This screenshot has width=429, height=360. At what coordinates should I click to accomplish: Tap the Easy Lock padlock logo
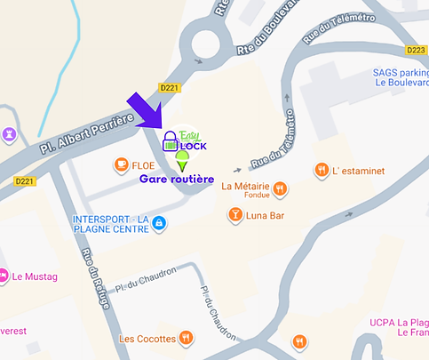click(171, 140)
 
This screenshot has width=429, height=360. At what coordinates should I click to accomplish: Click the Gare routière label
click(177, 179)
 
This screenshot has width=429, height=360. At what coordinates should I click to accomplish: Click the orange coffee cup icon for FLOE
click(121, 164)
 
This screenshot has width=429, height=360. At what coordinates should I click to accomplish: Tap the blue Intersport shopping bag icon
click(158, 221)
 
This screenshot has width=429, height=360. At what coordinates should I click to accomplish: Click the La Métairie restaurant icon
click(280, 188)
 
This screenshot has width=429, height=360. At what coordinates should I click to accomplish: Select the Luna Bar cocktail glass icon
click(235, 214)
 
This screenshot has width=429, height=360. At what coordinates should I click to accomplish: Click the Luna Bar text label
click(269, 215)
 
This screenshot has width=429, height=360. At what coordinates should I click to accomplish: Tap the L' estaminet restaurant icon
click(320, 170)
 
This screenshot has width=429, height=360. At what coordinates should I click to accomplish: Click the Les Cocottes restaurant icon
click(186, 338)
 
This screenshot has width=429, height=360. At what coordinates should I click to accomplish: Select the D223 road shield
click(415, 50)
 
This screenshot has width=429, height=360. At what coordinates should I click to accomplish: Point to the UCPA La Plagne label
click(399, 326)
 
